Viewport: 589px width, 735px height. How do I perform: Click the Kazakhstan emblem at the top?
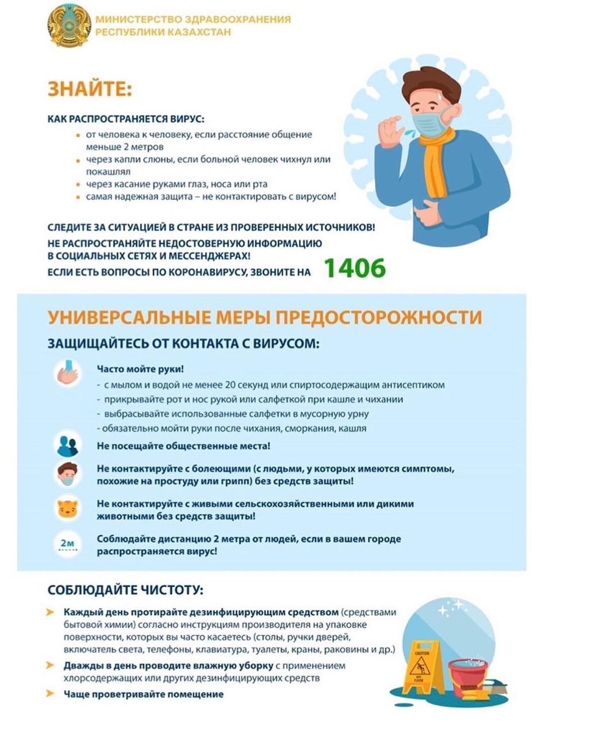(x=69, y=26)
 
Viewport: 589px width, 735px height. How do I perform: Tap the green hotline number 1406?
(x=354, y=268)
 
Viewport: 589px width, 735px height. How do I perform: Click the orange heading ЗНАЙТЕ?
(x=90, y=90)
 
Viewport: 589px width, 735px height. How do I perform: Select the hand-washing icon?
(x=68, y=373)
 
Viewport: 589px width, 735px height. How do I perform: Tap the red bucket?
(x=468, y=678)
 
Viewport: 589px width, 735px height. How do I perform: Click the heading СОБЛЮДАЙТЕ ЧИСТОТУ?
(x=125, y=590)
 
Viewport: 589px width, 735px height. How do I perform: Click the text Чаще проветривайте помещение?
(x=144, y=694)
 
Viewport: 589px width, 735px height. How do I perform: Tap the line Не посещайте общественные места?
(x=183, y=446)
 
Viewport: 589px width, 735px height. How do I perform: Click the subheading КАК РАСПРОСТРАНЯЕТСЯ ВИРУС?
(x=126, y=119)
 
